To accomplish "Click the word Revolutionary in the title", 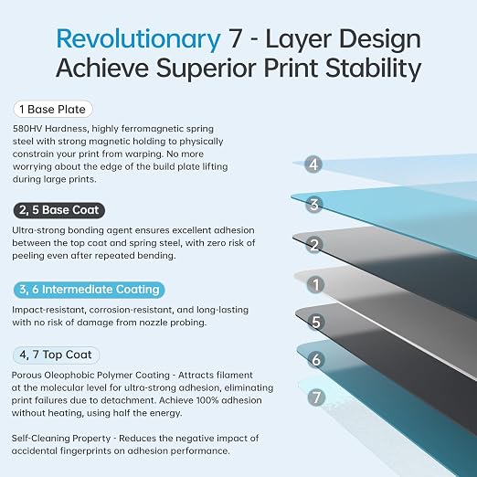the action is (138, 39).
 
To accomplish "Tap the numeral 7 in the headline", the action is (235, 38).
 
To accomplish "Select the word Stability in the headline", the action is (373, 69).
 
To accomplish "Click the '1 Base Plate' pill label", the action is (53, 109).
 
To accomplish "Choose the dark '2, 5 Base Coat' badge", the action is (59, 210).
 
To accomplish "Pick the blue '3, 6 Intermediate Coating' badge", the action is (90, 290).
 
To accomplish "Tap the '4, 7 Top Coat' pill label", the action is (56, 355).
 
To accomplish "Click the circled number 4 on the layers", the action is (313, 164).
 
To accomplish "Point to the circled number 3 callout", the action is (313, 205).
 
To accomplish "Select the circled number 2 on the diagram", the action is (314, 245).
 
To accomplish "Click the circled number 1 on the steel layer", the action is (315, 284).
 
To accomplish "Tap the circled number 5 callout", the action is (316, 322).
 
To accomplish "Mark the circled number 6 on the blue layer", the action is (316, 359).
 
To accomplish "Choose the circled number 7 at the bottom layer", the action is (316, 397).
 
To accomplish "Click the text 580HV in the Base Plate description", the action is (27, 129).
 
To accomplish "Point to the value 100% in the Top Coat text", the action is (207, 400).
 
